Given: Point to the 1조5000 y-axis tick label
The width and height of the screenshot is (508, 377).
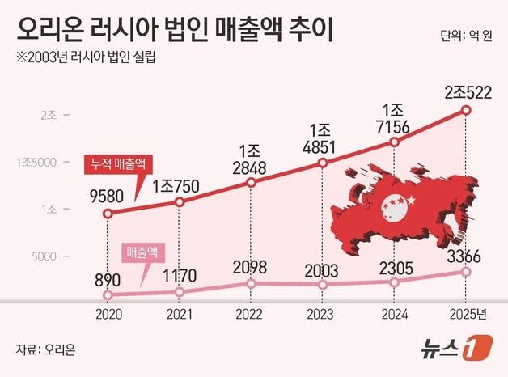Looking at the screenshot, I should click(36, 162).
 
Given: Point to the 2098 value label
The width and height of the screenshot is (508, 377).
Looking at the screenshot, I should click(251, 268).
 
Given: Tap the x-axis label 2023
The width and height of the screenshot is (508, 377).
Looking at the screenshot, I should click(323, 313).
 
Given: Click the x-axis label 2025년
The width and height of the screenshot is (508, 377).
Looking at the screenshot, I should click(468, 313).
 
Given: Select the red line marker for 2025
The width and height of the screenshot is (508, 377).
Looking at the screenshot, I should click(466, 110).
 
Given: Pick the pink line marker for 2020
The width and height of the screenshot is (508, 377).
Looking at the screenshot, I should click(108, 295).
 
